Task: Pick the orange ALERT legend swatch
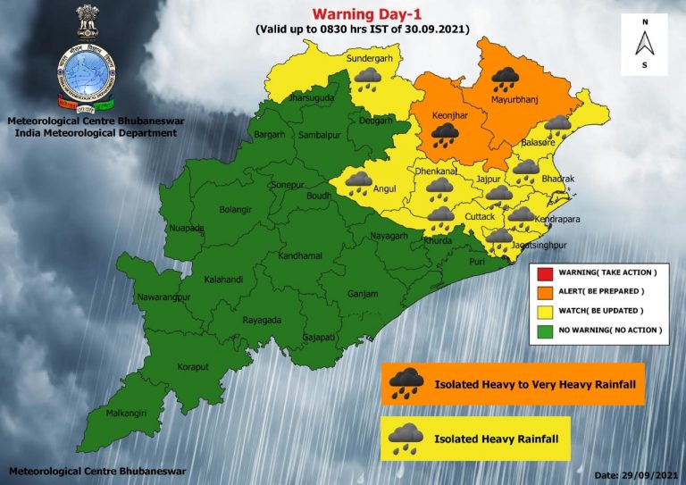(544, 292)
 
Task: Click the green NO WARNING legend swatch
(544, 330)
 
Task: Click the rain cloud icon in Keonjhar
(445, 135)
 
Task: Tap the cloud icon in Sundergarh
(365, 81)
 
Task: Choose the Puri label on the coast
(476, 262)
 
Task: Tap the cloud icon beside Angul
(359, 182)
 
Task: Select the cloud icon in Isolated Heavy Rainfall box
(406, 437)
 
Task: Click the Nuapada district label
(186, 229)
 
